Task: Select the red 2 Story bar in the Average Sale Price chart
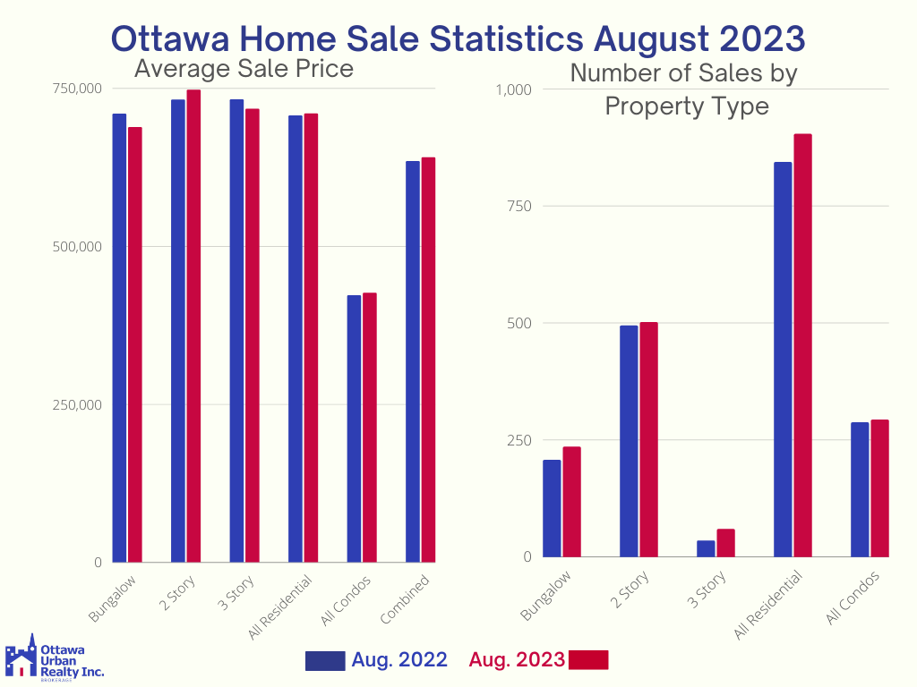tap(193, 327)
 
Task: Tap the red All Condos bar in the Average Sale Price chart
tap(370, 428)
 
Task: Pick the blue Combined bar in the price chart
tap(413, 361)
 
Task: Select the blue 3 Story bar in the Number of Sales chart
tap(707, 548)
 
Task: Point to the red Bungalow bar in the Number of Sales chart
tap(571, 502)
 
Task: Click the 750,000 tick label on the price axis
tap(77, 89)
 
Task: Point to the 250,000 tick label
tap(77, 404)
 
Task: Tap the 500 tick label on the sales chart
tap(518, 323)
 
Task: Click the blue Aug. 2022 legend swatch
tap(325, 660)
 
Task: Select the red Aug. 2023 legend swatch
tap(588, 660)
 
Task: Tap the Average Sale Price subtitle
tap(244, 69)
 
